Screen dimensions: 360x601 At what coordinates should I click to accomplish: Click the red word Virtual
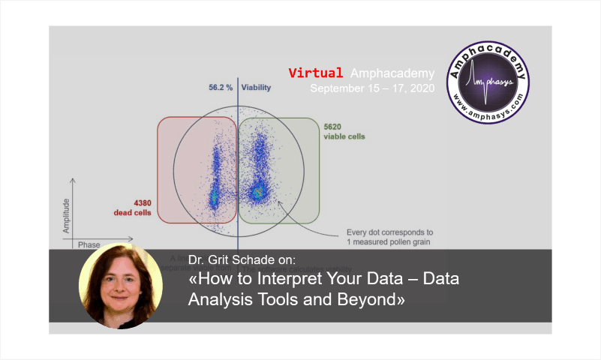coord(316,73)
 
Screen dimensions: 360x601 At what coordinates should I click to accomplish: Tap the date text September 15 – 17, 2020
coord(371,88)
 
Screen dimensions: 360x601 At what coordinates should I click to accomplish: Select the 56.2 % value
coord(221,88)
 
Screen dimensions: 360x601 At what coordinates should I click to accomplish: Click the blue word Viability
coord(256,88)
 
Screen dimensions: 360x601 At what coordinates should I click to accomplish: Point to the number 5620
coord(333,127)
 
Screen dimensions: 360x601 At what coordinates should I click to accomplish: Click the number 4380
coord(143,202)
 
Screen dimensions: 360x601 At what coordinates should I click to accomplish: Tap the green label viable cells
coord(346,137)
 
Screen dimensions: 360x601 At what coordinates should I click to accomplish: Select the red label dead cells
coord(132,213)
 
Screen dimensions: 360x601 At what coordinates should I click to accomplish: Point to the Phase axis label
coord(89,244)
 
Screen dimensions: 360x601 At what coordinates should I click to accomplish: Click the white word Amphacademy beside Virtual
coord(392,73)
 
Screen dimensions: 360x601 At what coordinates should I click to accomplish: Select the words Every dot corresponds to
coord(389,232)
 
